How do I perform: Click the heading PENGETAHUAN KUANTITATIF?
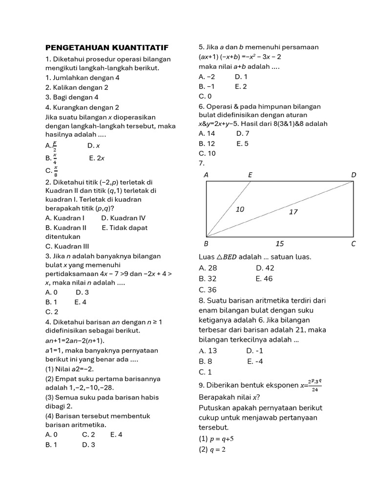pyautogui.click(x=107, y=47)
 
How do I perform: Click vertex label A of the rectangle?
pyautogui.click(x=206, y=174)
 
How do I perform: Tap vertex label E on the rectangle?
pyautogui.click(x=250, y=174)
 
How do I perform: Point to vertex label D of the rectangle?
pyautogui.click(x=354, y=174)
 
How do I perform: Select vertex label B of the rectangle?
pyautogui.click(x=206, y=243)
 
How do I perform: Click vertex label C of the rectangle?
pyautogui.click(x=354, y=243)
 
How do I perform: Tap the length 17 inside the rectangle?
pyautogui.click(x=293, y=212)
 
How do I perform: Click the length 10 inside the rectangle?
pyautogui.click(x=240, y=209)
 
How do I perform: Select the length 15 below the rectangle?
pyautogui.click(x=279, y=243)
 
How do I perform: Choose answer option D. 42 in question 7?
pyautogui.click(x=265, y=268)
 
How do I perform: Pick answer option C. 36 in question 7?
pyautogui.click(x=208, y=289)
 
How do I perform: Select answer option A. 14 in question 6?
pyautogui.click(x=207, y=133)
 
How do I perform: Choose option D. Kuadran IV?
pyautogui.click(x=123, y=218)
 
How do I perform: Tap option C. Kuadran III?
pyautogui.click(x=67, y=246)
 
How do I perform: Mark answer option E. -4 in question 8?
pyautogui.click(x=256, y=361)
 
